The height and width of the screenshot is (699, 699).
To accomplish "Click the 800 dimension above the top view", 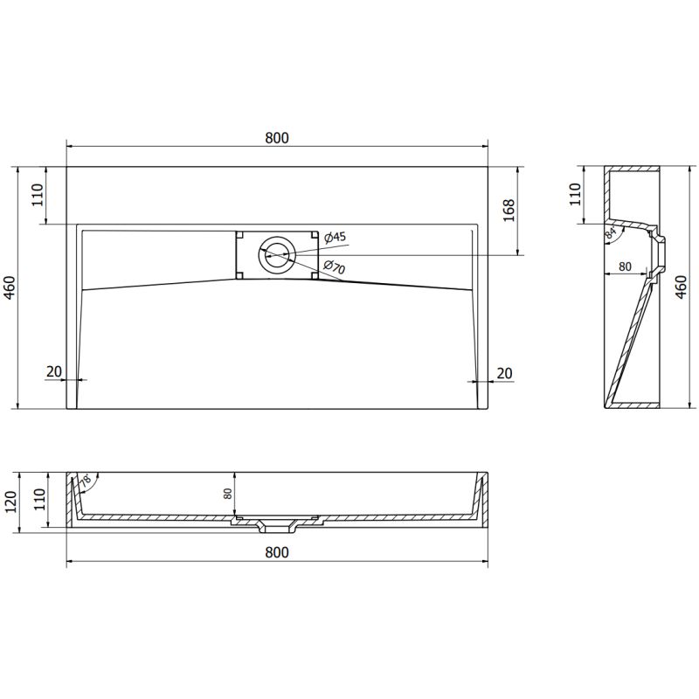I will tap(276, 137).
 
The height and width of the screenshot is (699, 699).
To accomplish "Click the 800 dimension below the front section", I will tap(276, 552).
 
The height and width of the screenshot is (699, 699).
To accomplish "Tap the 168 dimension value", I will tap(509, 210).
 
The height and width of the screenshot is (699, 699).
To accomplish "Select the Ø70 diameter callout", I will tap(335, 268).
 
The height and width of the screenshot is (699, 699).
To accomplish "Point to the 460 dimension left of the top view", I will tap(9, 287).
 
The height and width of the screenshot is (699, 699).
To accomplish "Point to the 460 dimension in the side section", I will tap(682, 287).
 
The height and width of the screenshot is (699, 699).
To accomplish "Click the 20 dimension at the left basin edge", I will tap(54, 372).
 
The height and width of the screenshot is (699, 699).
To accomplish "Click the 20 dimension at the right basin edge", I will tap(503, 372).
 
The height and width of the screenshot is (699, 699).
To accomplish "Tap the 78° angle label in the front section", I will tap(87, 480).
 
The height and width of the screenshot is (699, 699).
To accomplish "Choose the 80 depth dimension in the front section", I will tap(228, 495).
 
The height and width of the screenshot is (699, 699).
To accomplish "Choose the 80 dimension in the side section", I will tap(625, 266).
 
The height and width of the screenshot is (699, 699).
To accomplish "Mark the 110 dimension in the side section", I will tap(575, 194).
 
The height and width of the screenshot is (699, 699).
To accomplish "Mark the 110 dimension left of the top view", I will tap(38, 194).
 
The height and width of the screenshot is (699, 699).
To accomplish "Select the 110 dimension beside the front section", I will tap(38, 501).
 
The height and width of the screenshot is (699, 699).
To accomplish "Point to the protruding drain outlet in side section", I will tap(664, 251).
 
